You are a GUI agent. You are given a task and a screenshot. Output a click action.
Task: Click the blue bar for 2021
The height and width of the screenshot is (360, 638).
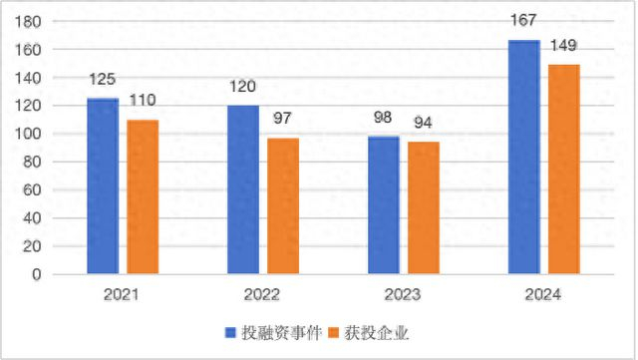[103, 185]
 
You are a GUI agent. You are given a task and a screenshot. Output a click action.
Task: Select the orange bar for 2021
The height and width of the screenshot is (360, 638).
[143, 196]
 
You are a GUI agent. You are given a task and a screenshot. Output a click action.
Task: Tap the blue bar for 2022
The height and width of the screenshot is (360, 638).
[243, 189]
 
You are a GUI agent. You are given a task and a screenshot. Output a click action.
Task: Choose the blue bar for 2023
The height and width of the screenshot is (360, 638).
[384, 204]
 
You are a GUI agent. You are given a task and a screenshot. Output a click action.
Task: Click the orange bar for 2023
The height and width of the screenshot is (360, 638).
[424, 207]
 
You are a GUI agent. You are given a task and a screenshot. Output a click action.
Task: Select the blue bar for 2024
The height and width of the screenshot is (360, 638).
[524, 157]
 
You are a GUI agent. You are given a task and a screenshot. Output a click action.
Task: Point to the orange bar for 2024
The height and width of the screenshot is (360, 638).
[564, 169]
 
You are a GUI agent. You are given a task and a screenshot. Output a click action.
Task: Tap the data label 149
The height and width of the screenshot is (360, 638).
[564, 46]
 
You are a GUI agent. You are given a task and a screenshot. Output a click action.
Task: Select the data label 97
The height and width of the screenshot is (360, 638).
[283, 119]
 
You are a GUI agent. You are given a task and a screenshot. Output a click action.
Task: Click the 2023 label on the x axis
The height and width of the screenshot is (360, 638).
[404, 295]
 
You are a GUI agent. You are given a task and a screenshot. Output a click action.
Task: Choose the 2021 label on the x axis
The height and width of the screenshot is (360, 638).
[122, 295]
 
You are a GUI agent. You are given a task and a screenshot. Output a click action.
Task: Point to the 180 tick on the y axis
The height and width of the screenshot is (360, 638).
[30, 22]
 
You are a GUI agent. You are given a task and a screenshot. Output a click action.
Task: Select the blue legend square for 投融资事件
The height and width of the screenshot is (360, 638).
[231, 332]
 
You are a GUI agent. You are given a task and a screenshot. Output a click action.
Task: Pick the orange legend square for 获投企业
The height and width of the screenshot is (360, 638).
[333, 332]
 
